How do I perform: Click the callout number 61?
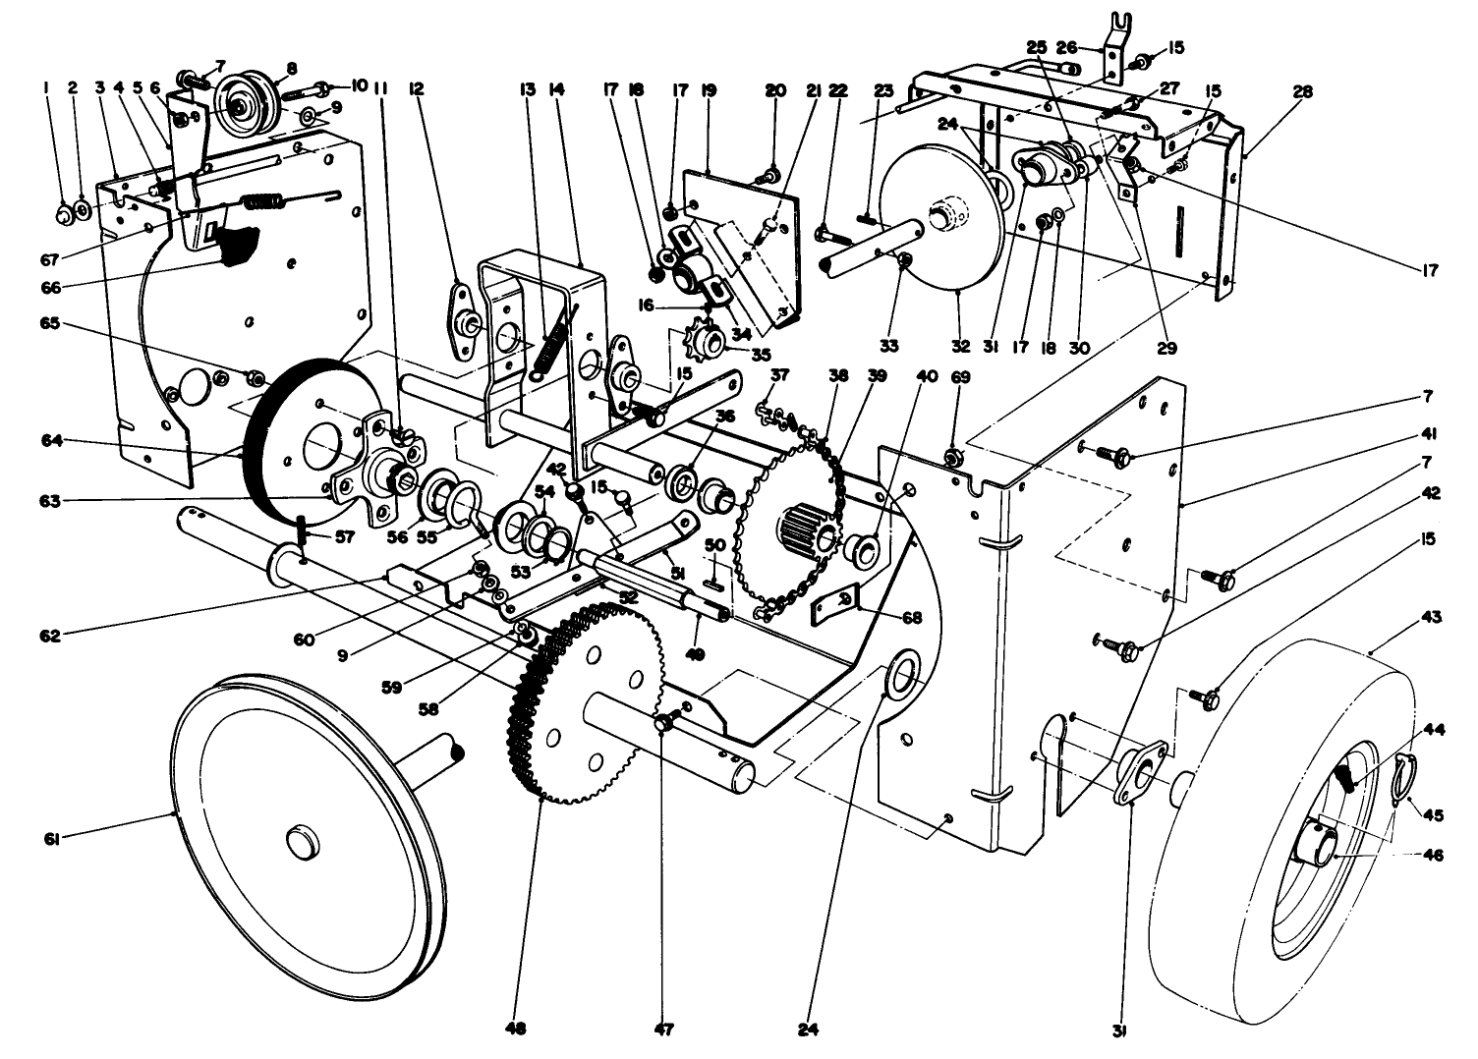51,837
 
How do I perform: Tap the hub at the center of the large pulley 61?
298,843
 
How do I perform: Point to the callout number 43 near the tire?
1431,617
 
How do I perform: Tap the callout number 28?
1302,91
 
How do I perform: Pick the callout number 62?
51,635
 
